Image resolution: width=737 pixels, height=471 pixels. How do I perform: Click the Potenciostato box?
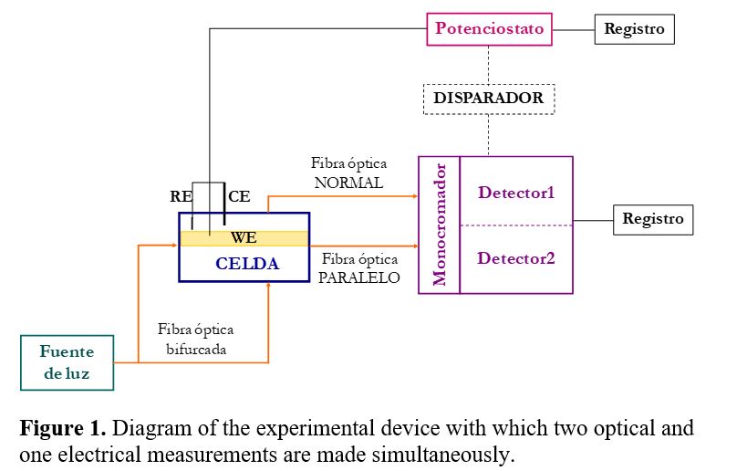pos(490,28)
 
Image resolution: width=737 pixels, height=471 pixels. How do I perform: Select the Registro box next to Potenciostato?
pos(635,28)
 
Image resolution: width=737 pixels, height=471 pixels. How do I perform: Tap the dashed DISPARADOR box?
pos(488,98)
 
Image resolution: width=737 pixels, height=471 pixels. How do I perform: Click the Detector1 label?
pos(516,193)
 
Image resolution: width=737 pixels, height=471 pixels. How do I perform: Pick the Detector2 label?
pos(516,258)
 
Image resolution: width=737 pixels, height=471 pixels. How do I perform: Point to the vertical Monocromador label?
pos(440,225)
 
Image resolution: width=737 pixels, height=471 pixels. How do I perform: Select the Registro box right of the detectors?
pos(653,219)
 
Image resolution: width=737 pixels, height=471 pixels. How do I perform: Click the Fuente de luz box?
pos(67,362)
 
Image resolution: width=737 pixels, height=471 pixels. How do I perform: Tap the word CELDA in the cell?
pos(246,265)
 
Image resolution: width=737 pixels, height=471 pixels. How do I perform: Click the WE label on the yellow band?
pos(244,237)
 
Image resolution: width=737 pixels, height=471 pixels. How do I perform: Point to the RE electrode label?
pos(181,195)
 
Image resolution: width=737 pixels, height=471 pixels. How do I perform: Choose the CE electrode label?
pos(239,195)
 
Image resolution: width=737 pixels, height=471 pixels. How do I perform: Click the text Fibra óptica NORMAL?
pos(348,173)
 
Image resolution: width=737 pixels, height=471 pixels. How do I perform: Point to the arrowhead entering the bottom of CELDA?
pos(268,287)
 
